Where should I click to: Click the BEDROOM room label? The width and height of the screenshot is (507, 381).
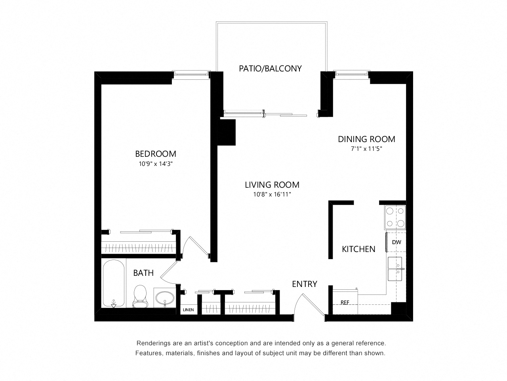155,154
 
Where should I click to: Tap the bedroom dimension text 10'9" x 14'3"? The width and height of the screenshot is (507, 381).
156,164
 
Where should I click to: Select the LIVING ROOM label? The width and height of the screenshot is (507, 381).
272,185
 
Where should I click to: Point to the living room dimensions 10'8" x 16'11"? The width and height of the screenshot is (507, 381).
272,194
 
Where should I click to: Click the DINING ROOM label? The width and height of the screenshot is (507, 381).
366,139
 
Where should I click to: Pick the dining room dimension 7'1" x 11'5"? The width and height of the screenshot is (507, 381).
366,149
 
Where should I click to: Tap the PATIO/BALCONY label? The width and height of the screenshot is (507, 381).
270,69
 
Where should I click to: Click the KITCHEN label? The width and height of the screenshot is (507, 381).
358,249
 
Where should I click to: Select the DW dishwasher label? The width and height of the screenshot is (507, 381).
396,242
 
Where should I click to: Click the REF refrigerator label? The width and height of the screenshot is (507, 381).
345,302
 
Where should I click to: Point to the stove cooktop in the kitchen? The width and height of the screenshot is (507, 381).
395,217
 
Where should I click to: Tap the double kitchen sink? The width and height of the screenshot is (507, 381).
395,269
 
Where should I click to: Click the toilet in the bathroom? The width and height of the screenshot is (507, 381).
140,296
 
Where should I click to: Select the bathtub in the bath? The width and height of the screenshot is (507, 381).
114,284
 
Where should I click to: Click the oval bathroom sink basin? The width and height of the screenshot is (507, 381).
165,298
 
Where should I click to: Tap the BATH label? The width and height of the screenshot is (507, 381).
143,273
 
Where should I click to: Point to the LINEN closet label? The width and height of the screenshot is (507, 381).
188,310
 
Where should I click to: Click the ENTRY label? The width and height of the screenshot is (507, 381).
305,284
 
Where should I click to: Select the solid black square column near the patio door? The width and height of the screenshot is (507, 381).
226,132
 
